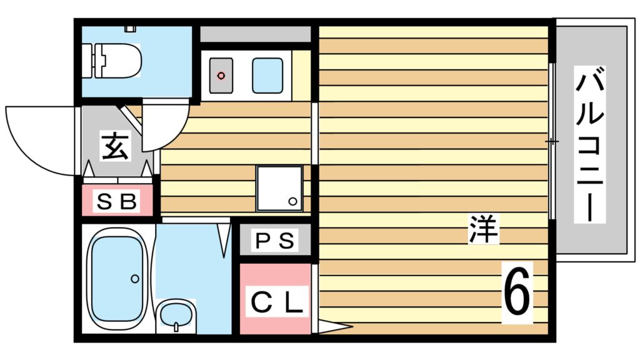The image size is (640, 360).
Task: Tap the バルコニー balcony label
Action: click(x=591, y=147)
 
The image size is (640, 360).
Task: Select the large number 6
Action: click(x=517, y=292)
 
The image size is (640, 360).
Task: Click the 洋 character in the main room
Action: click(x=484, y=229)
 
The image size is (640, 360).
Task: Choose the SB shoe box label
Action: click(x=117, y=202)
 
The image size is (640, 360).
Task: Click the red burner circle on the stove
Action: click(x=221, y=76)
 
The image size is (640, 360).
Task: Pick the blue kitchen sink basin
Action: click(x=267, y=75)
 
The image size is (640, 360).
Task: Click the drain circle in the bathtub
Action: click(x=134, y=279)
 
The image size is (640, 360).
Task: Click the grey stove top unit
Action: click(x=221, y=76)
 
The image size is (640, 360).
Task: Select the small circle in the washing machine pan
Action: click(x=292, y=201)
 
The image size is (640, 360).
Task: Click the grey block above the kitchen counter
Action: click(x=256, y=34)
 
